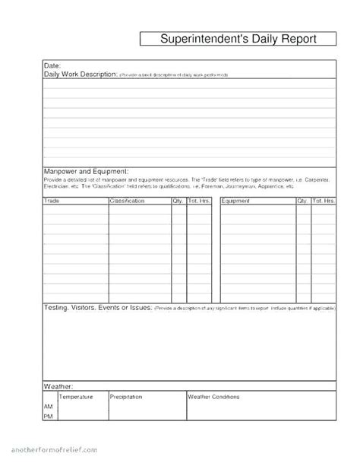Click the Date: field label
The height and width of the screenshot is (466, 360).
(x=52, y=66)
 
